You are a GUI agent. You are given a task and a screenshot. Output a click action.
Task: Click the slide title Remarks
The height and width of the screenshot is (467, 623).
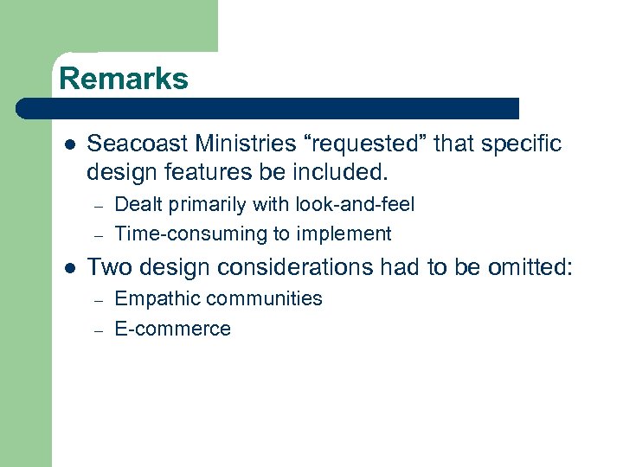[x=123, y=79]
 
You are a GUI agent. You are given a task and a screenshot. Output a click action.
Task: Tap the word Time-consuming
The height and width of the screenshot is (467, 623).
[x=180, y=233]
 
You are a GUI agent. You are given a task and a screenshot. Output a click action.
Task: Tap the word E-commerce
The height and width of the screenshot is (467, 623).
[x=172, y=329]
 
